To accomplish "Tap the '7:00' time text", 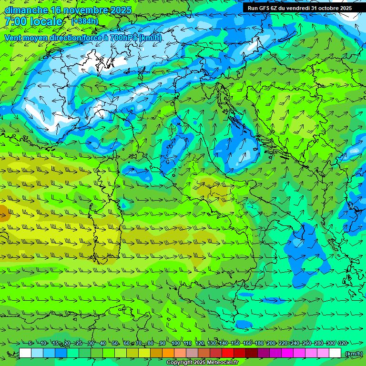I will coord(15,21).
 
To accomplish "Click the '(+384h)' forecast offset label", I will coord(85,21).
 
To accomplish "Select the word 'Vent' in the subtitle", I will coord(14,38).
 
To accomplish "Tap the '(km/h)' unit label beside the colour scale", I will coord(353,354).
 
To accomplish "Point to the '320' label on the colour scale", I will coord(342,343).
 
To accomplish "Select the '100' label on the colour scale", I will coord(175,343).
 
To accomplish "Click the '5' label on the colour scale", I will coord(30,343).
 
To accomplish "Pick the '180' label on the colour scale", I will coord(259,343).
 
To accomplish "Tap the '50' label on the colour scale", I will coord(115,343).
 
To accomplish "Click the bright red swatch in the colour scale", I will coord(228,353).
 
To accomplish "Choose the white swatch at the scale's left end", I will coord(25,353).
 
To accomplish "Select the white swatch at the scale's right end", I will coord(335,353).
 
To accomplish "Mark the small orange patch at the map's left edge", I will coord(3,212).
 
